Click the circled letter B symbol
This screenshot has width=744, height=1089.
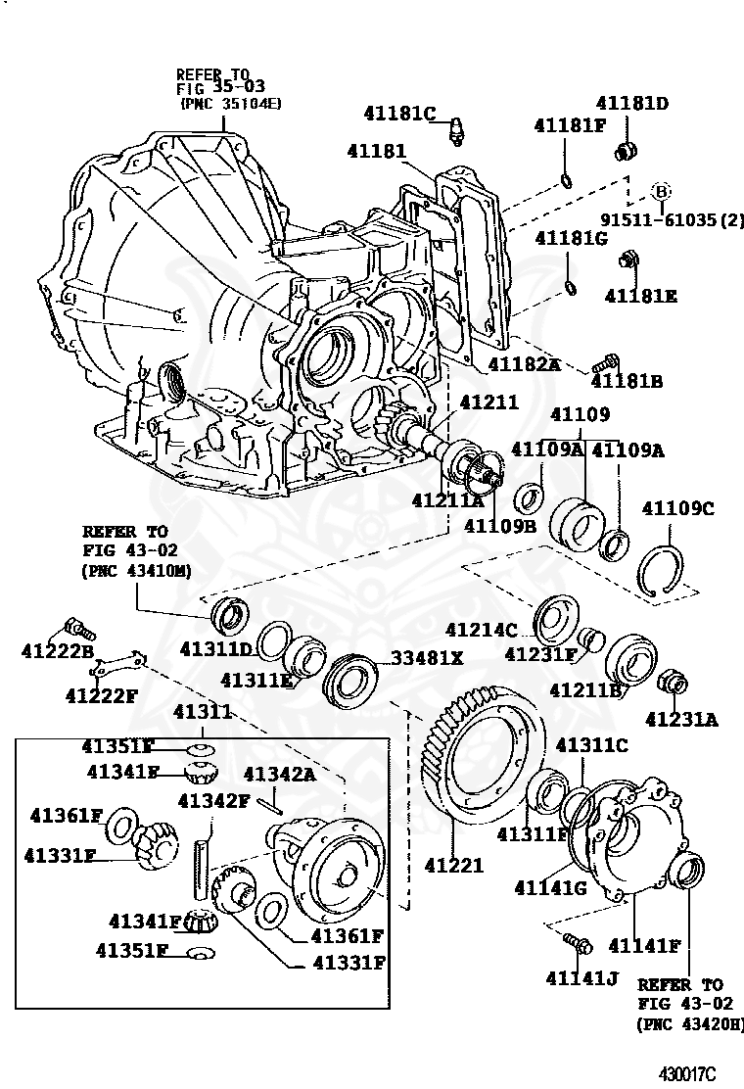[661, 191]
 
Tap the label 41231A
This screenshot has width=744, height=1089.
[681, 720]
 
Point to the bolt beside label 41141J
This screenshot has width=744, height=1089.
[576, 943]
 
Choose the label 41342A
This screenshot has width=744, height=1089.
[279, 774]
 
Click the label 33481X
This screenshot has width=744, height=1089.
[428, 658]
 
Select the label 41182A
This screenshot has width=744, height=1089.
[524, 364]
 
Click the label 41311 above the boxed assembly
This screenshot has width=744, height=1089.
[203, 712]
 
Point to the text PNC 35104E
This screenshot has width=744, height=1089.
[231, 102]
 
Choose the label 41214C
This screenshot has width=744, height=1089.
[481, 630]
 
